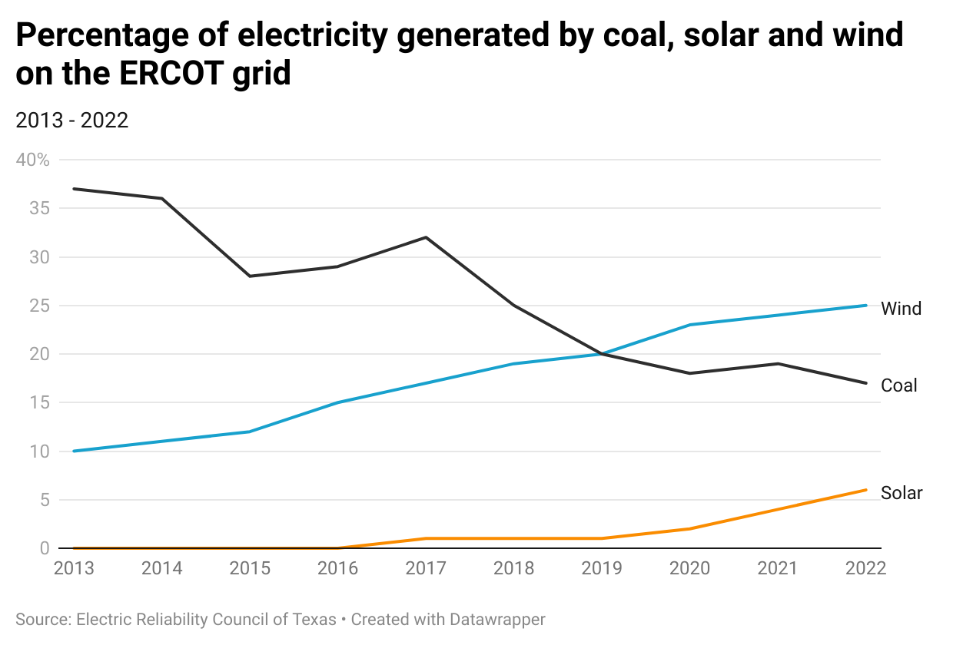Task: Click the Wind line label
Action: (901, 309)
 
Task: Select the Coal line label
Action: (899, 385)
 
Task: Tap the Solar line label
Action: (902, 493)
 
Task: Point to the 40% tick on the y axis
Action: (33, 160)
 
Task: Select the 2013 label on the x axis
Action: (74, 568)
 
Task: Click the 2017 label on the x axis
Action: (426, 568)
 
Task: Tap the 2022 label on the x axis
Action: (865, 568)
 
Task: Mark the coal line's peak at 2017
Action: (426, 237)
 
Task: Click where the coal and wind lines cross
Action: (602, 354)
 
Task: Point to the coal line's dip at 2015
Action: (250, 276)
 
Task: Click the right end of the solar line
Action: (866, 490)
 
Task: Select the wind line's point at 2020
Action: (690, 325)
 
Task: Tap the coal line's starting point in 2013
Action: (74, 189)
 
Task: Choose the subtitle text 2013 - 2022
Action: (71, 121)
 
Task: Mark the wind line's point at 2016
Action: (338, 402)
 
